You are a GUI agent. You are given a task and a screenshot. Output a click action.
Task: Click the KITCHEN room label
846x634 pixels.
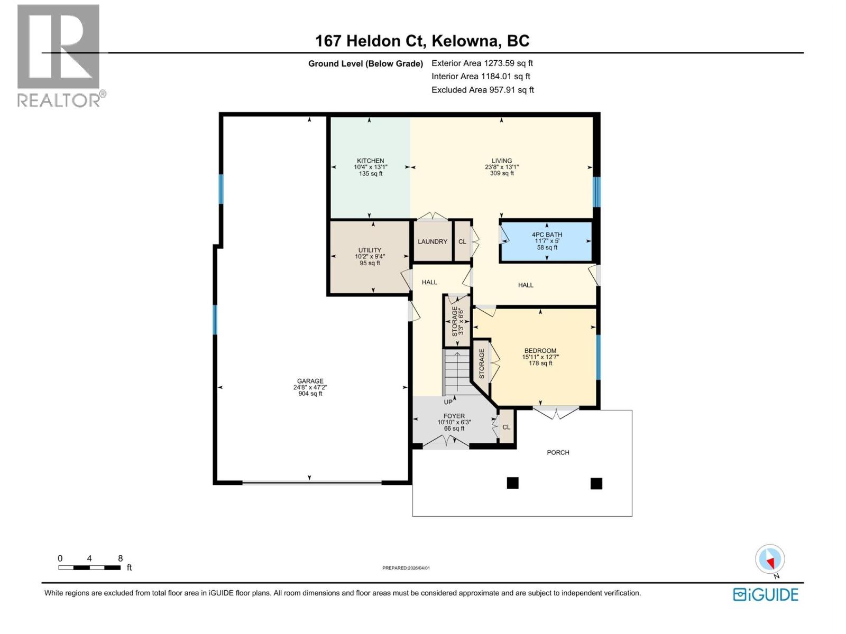click(370, 161)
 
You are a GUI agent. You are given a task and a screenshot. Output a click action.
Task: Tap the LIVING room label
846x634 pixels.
click(501, 161)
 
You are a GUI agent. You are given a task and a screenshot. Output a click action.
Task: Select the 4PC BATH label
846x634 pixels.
click(547, 235)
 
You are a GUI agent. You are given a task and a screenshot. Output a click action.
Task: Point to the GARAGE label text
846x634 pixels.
click(310, 381)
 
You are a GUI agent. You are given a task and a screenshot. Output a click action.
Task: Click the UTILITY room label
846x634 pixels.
click(370, 250)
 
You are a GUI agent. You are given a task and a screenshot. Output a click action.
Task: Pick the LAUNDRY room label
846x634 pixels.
click(432, 241)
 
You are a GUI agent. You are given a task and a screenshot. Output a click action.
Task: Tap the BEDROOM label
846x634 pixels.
click(540, 351)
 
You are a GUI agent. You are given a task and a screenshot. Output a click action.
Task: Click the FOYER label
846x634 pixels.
click(454, 416)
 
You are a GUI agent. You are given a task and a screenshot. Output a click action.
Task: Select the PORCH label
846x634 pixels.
click(558, 452)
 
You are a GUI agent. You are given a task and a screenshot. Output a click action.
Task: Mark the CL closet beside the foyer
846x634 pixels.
click(506, 427)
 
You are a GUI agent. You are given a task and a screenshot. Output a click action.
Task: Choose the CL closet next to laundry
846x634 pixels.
click(462, 241)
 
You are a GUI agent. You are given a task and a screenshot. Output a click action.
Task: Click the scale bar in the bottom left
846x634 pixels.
click(89, 567)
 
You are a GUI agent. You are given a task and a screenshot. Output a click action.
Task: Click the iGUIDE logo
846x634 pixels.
click(765, 594)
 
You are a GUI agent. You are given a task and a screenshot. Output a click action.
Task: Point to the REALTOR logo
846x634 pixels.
click(59, 55)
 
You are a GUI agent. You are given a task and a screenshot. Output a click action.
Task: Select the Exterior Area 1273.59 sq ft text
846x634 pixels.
click(482, 63)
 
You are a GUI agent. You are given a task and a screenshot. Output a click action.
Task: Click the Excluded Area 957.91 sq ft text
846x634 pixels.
click(482, 90)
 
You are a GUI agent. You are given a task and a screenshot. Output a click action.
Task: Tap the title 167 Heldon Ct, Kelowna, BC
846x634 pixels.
click(422, 41)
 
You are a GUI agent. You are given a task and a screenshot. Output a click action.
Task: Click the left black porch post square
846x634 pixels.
click(512, 483)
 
